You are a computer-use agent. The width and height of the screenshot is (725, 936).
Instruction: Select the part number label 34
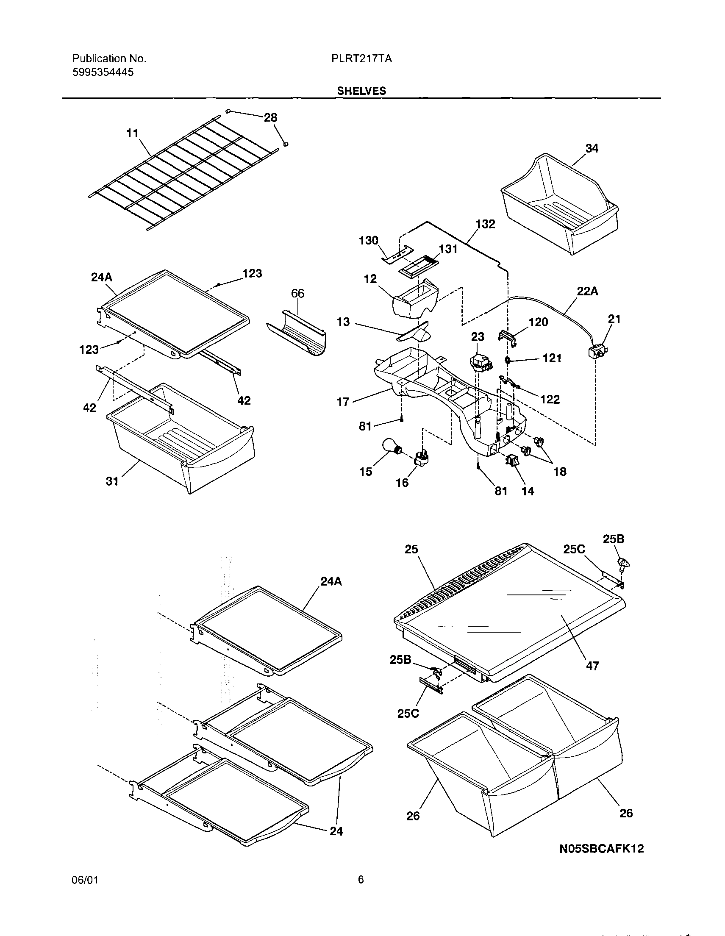pyautogui.click(x=592, y=148)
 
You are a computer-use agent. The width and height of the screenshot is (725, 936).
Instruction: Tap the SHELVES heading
pyautogui.click(x=361, y=91)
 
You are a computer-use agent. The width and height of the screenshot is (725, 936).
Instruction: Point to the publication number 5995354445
pyautogui.click(x=103, y=72)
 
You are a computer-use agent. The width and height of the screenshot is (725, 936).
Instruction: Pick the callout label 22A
pyautogui.click(x=587, y=292)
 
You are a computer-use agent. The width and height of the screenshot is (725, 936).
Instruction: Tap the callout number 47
pyautogui.click(x=592, y=666)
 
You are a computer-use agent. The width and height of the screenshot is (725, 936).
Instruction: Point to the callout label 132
pyautogui.click(x=485, y=224)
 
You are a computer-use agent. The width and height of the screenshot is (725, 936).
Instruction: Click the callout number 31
pyautogui.click(x=112, y=481)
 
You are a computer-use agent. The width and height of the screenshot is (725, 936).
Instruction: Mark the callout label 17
pyautogui.click(x=343, y=402)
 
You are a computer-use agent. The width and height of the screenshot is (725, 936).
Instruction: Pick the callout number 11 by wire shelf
pyautogui.click(x=133, y=133)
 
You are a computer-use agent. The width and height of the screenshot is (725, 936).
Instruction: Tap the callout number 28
pyautogui.click(x=270, y=117)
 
